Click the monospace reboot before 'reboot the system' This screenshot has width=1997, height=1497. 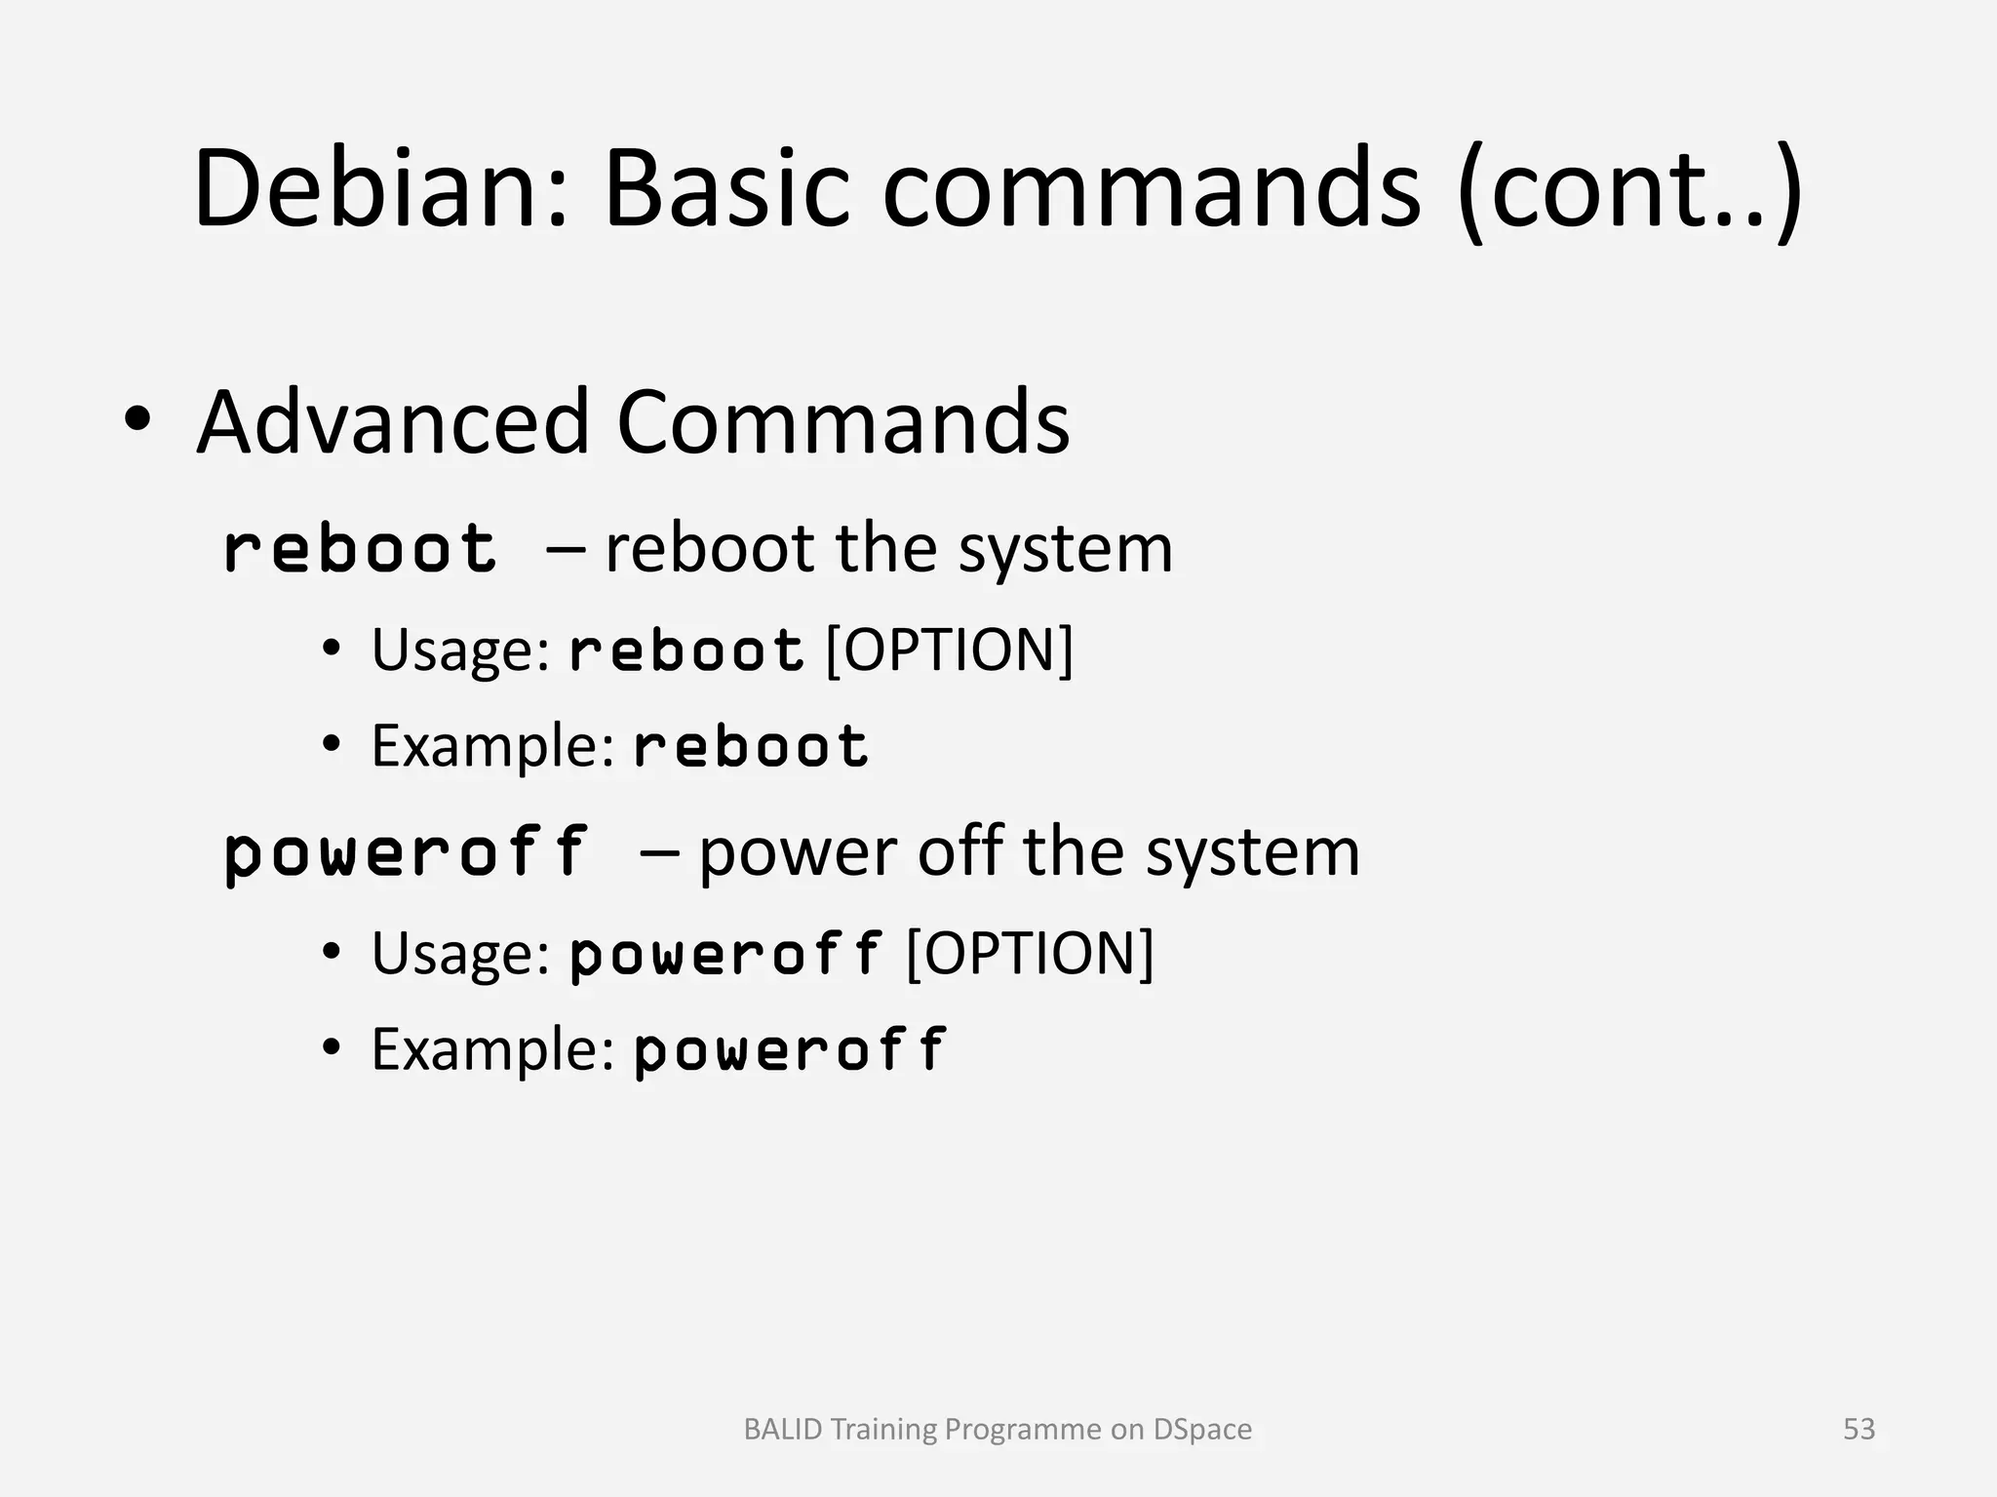pos(360,548)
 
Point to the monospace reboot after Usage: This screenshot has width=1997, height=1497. pos(686,650)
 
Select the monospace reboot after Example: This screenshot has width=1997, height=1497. pos(751,748)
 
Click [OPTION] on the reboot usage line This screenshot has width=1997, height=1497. pos(949,650)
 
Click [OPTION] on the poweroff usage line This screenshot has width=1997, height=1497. pos(1030,953)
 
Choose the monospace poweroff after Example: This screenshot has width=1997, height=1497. pos(790,1051)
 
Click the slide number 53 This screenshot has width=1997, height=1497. pos(1859,1429)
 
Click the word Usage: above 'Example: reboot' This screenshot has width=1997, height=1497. pos(461,650)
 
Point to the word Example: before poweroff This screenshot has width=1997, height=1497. pos(492,1050)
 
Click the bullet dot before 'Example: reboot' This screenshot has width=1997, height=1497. pos(332,746)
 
